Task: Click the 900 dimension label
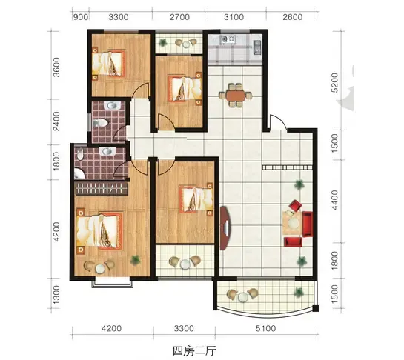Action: (81, 17)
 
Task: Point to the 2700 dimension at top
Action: (179, 17)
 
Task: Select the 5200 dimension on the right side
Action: (334, 82)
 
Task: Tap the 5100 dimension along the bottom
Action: (265, 328)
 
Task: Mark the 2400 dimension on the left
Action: (56, 121)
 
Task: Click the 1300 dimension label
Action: (56, 294)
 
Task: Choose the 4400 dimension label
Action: (334, 200)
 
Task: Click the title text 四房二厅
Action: (194, 350)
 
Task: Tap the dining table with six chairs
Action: (236, 95)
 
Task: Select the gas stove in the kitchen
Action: (228, 39)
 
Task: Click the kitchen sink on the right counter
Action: (257, 47)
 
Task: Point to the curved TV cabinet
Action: (225, 228)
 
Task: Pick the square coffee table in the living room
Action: (293, 222)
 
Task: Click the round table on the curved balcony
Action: (242, 297)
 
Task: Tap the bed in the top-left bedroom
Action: (108, 63)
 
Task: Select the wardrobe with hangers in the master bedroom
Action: (101, 189)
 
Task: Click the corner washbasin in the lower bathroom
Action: (79, 174)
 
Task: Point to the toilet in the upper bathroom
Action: (100, 123)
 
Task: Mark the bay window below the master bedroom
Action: (113, 282)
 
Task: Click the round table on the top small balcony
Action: (186, 44)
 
